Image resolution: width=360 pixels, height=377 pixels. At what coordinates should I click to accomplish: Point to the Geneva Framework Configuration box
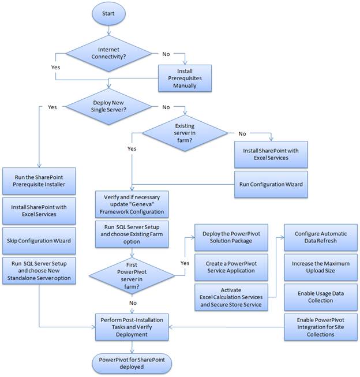(x=133, y=204)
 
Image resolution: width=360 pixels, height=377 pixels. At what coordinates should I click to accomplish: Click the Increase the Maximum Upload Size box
(x=319, y=268)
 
